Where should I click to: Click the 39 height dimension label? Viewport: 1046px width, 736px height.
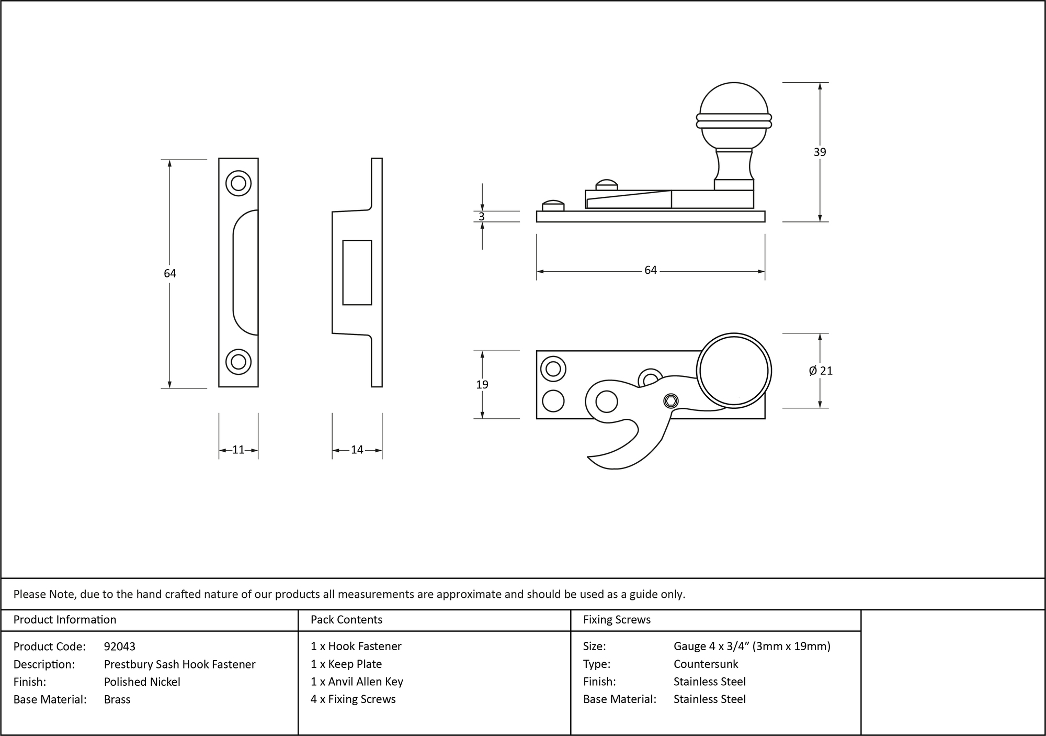point(820,152)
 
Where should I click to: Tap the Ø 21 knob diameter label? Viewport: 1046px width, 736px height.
point(820,371)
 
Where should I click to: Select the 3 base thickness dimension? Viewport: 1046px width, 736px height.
point(482,216)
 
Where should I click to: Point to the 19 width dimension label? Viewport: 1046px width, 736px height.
point(482,385)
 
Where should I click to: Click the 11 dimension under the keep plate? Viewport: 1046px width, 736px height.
point(238,450)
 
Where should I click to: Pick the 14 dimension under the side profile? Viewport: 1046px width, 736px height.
point(357,450)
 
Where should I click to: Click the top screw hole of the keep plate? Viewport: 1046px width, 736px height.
point(238,183)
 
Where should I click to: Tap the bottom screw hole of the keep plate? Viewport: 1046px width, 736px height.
point(238,362)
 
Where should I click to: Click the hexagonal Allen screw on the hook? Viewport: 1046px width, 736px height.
point(671,402)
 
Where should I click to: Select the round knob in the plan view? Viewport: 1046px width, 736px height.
point(734,371)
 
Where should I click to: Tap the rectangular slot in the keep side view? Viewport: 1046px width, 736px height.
point(357,272)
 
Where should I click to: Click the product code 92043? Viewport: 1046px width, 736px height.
point(120,646)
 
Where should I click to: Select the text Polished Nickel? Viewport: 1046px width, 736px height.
point(142,682)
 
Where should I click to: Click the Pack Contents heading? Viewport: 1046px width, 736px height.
point(346,620)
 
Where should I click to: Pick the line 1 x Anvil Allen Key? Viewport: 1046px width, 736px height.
point(357,682)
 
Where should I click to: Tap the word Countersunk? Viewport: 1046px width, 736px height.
point(706,664)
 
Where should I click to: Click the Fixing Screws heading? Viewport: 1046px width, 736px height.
point(617,620)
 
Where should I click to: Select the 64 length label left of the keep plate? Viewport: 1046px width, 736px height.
point(170,273)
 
